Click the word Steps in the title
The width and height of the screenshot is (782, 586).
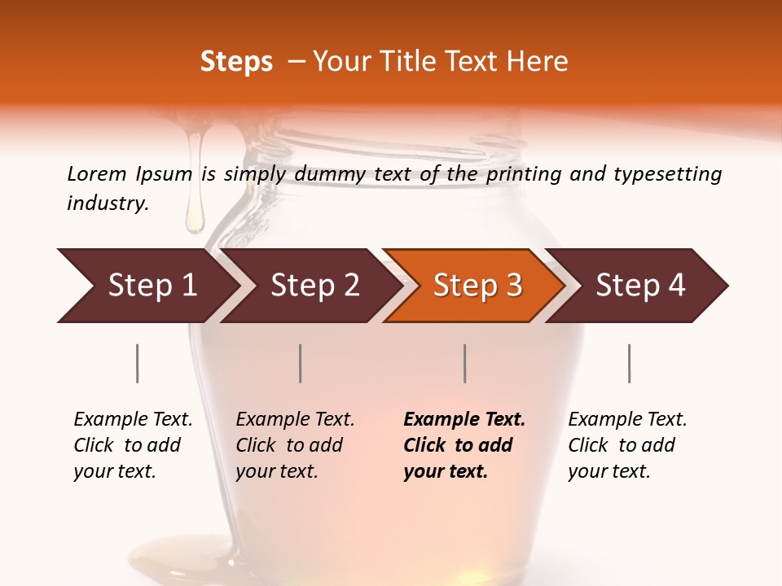(x=236, y=62)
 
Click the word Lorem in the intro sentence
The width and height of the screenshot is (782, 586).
(x=97, y=173)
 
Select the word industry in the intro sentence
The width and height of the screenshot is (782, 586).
(x=108, y=203)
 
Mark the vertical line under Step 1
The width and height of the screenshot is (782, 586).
(x=138, y=363)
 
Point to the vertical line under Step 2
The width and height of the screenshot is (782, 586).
(x=301, y=363)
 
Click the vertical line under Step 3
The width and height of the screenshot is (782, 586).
(x=465, y=363)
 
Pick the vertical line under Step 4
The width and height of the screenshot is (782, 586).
(x=629, y=363)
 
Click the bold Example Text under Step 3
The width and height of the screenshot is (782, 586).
(x=464, y=445)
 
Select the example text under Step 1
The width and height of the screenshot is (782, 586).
(x=133, y=445)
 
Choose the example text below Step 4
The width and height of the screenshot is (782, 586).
(x=627, y=445)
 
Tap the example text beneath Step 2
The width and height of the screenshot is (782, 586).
(x=295, y=445)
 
